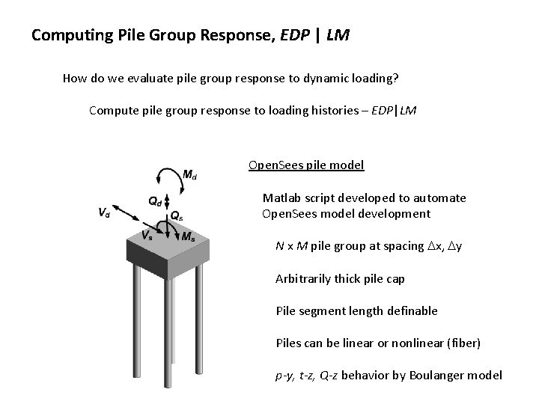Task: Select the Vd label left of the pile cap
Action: tap(104, 212)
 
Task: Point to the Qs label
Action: tap(177, 215)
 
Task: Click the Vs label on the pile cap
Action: tap(150, 234)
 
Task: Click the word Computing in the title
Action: tap(67, 34)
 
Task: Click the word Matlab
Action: tap(281, 198)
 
